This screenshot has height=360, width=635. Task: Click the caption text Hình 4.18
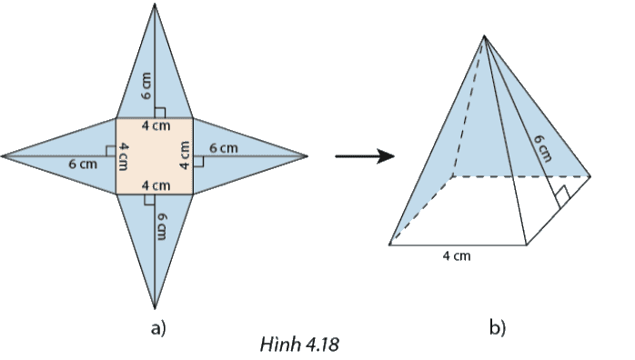point(299,345)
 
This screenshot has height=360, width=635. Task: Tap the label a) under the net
point(158,327)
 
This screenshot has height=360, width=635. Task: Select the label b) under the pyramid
point(498,327)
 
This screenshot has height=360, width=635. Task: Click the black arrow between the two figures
point(365,155)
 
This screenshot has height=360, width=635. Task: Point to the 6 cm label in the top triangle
point(146,85)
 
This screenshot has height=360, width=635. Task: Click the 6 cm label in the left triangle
point(83,164)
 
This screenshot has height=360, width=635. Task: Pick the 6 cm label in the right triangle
point(224,148)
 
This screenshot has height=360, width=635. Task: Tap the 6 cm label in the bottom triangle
point(161,226)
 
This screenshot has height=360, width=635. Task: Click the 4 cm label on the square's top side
point(156,125)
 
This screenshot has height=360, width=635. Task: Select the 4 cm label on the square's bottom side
point(156,185)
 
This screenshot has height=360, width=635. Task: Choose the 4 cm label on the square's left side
point(124,156)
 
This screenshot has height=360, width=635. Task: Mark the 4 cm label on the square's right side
point(185,155)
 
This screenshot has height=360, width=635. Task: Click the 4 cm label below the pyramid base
point(457,255)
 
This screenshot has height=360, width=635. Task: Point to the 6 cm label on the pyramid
point(543,148)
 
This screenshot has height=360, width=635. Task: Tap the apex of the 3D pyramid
point(484,35)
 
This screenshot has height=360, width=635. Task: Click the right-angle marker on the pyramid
point(563,197)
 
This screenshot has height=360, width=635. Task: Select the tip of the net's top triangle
point(155,4)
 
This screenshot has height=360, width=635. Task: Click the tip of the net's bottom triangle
point(155,308)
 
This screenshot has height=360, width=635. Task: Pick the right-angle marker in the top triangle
point(159,113)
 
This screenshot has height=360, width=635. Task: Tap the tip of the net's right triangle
point(307,155)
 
